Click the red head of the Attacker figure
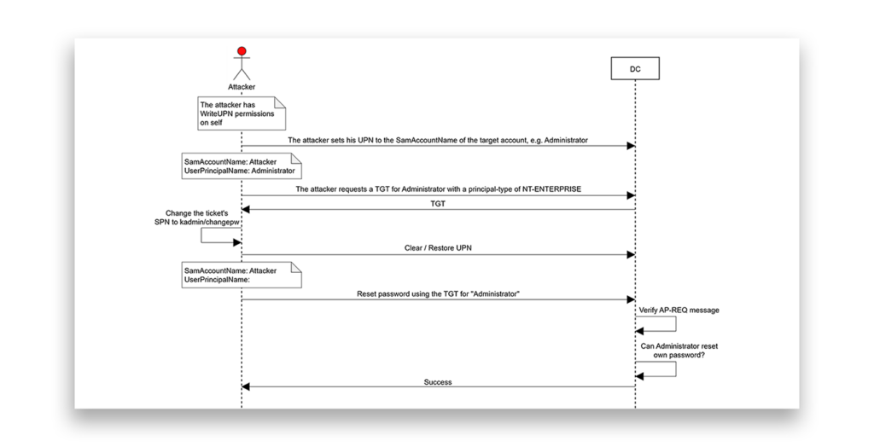pyautogui.click(x=242, y=52)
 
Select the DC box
pyautogui.click(x=635, y=68)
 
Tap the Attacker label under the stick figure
pyautogui.click(x=242, y=87)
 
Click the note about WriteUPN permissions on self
pyautogui.click(x=242, y=113)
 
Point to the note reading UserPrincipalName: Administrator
pyautogui.click(x=242, y=166)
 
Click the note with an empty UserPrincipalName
pyautogui.click(x=242, y=276)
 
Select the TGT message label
pyautogui.click(x=438, y=204)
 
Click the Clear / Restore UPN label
pyautogui.click(x=438, y=248)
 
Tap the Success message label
pyautogui.click(x=438, y=382)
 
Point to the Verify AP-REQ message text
pyautogui.click(x=679, y=311)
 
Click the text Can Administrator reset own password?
pyautogui.click(x=679, y=350)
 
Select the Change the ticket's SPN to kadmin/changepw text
pyautogui.click(x=197, y=218)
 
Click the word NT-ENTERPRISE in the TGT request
pyautogui.click(x=551, y=189)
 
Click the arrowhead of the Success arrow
pyautogui.click(x=245, y=386)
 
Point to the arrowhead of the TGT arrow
pyautogui.click(x=245, y=210)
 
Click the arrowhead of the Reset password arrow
pyautogui.click(x=631, y=300)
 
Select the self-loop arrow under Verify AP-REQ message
pyautogui.click(x=676, y=324)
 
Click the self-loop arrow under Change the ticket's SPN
pyautogui.click(x=201, y=235)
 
